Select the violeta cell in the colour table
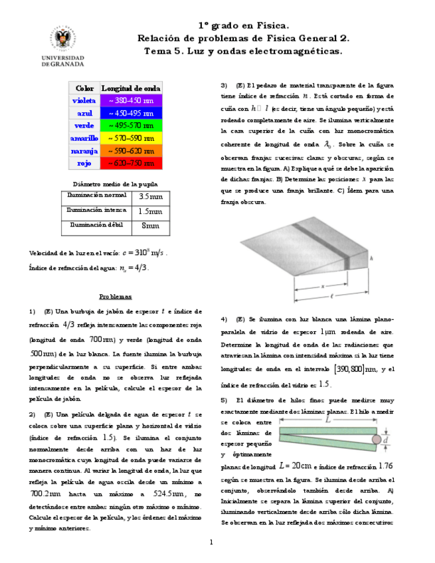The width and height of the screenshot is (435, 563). point(84,100)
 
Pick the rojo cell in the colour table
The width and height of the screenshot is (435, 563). point(84,163)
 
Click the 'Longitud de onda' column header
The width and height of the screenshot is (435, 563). point(131,88)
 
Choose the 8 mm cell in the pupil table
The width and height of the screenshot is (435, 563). point(151,226)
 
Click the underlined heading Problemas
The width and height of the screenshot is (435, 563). point(116,297)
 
